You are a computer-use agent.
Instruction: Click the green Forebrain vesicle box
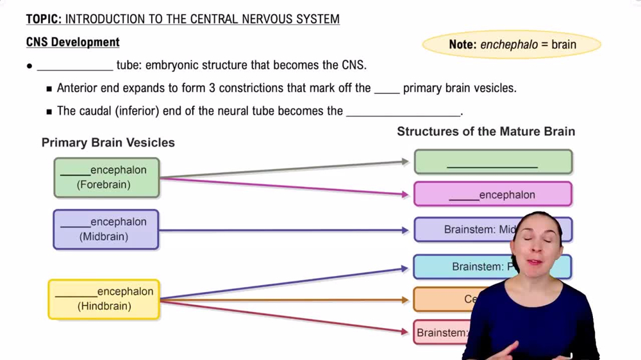tap(106, 177)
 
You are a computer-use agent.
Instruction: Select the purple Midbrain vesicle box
tap(106, 229)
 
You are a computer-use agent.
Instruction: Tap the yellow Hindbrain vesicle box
tap(104, 299)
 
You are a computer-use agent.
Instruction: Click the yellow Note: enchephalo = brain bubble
tap(512, 45)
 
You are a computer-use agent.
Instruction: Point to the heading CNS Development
tap(72, 42)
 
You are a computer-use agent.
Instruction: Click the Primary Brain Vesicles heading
tap(108, 142)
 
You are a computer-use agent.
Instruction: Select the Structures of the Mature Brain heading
tap(485, 131)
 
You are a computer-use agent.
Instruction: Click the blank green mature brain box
tap(492, 162)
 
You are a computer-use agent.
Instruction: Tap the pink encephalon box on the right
tap(492, 194)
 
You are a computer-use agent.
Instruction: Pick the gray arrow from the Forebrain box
tap(282, 169)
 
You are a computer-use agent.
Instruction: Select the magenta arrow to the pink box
tap(282, 186)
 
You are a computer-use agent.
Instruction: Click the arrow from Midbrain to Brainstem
tap(282, 230)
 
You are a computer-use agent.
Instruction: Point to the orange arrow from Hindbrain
tap(282, 300)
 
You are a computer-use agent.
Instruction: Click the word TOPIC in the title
tap(43, 19)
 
